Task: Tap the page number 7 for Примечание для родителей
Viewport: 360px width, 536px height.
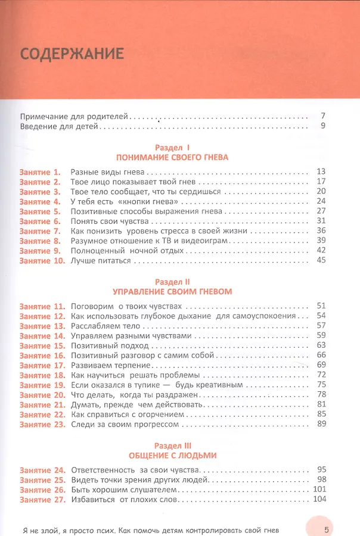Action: click(x=322, y=116)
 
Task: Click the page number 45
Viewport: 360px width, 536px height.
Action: click(x=320, y=260)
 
